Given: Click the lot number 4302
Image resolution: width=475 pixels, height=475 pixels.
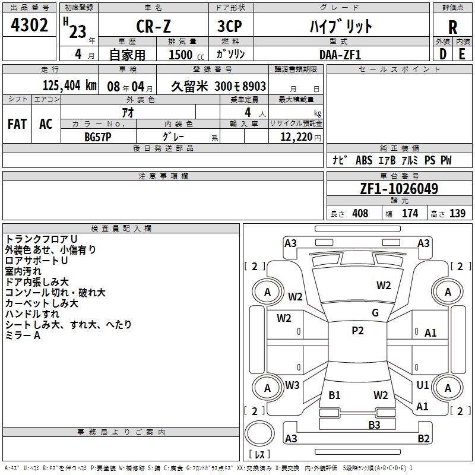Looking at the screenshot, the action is click(29, 25).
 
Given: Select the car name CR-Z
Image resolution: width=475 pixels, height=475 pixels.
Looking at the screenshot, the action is click(154, 26).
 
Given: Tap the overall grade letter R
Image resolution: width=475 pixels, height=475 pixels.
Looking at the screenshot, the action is click(452, 27).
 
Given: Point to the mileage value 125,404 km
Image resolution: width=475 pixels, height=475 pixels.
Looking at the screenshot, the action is click(69, 85).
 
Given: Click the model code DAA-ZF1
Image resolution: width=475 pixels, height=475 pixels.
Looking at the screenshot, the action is click(340, 55).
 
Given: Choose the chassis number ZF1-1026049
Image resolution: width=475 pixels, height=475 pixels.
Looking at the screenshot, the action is click(399, 189).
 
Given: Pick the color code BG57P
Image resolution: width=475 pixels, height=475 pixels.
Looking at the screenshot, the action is click(98, 137).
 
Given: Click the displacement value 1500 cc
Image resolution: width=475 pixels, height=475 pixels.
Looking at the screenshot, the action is click(186, 55).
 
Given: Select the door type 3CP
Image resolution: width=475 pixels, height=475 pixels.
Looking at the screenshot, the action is click(230, 26).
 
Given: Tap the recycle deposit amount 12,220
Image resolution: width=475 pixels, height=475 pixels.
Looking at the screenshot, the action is click(296, 137).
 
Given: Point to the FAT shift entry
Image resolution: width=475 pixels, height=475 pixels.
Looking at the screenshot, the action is click(17, 124).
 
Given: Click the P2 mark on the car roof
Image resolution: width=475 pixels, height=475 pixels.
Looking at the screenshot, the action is click(357, 331).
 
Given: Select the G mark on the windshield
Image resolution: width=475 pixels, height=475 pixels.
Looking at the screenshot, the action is click(375, 313).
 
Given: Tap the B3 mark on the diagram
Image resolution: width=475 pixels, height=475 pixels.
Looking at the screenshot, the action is click(374, 425).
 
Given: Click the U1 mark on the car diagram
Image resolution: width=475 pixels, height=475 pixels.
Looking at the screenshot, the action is click(423, 385).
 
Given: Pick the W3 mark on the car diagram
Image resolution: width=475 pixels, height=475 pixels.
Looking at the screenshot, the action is click(292, 385).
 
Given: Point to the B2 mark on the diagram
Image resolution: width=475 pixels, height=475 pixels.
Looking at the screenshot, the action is click(423, 438).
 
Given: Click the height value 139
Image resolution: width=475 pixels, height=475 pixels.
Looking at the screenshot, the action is click(457, 214).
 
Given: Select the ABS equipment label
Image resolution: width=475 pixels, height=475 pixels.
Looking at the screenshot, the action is click(364, 160).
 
